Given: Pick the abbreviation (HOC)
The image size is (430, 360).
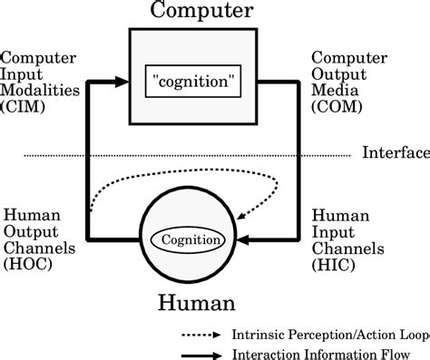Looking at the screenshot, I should click(x=28, y=265).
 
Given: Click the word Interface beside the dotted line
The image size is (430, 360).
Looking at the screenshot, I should click(x=395, y=151).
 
